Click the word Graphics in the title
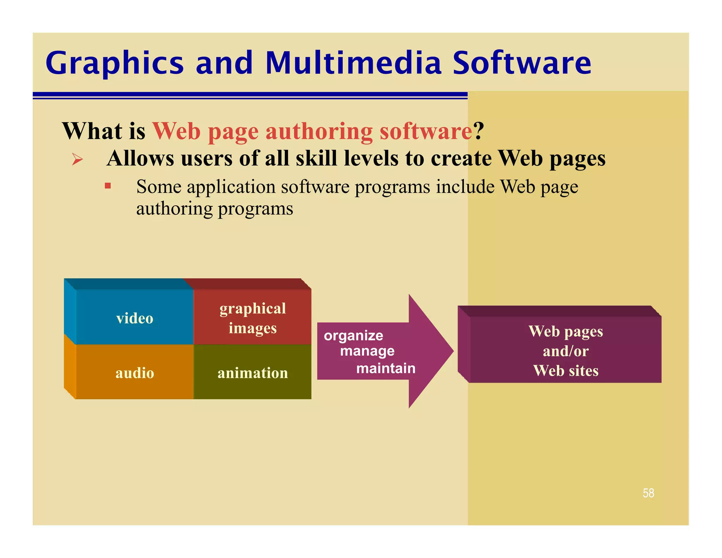pos(115,63)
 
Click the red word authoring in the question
pos(319,131)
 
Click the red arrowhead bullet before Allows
pos(77,159)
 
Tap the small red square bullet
pos(108,186)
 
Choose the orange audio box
pos(135,372)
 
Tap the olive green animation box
pos(252,372)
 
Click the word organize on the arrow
pos(353,336)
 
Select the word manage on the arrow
pos(367,351)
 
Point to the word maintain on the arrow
pos(386,368)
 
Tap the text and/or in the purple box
pos(565,351)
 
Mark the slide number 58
pos(648,493)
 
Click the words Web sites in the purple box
pos(565,371)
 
